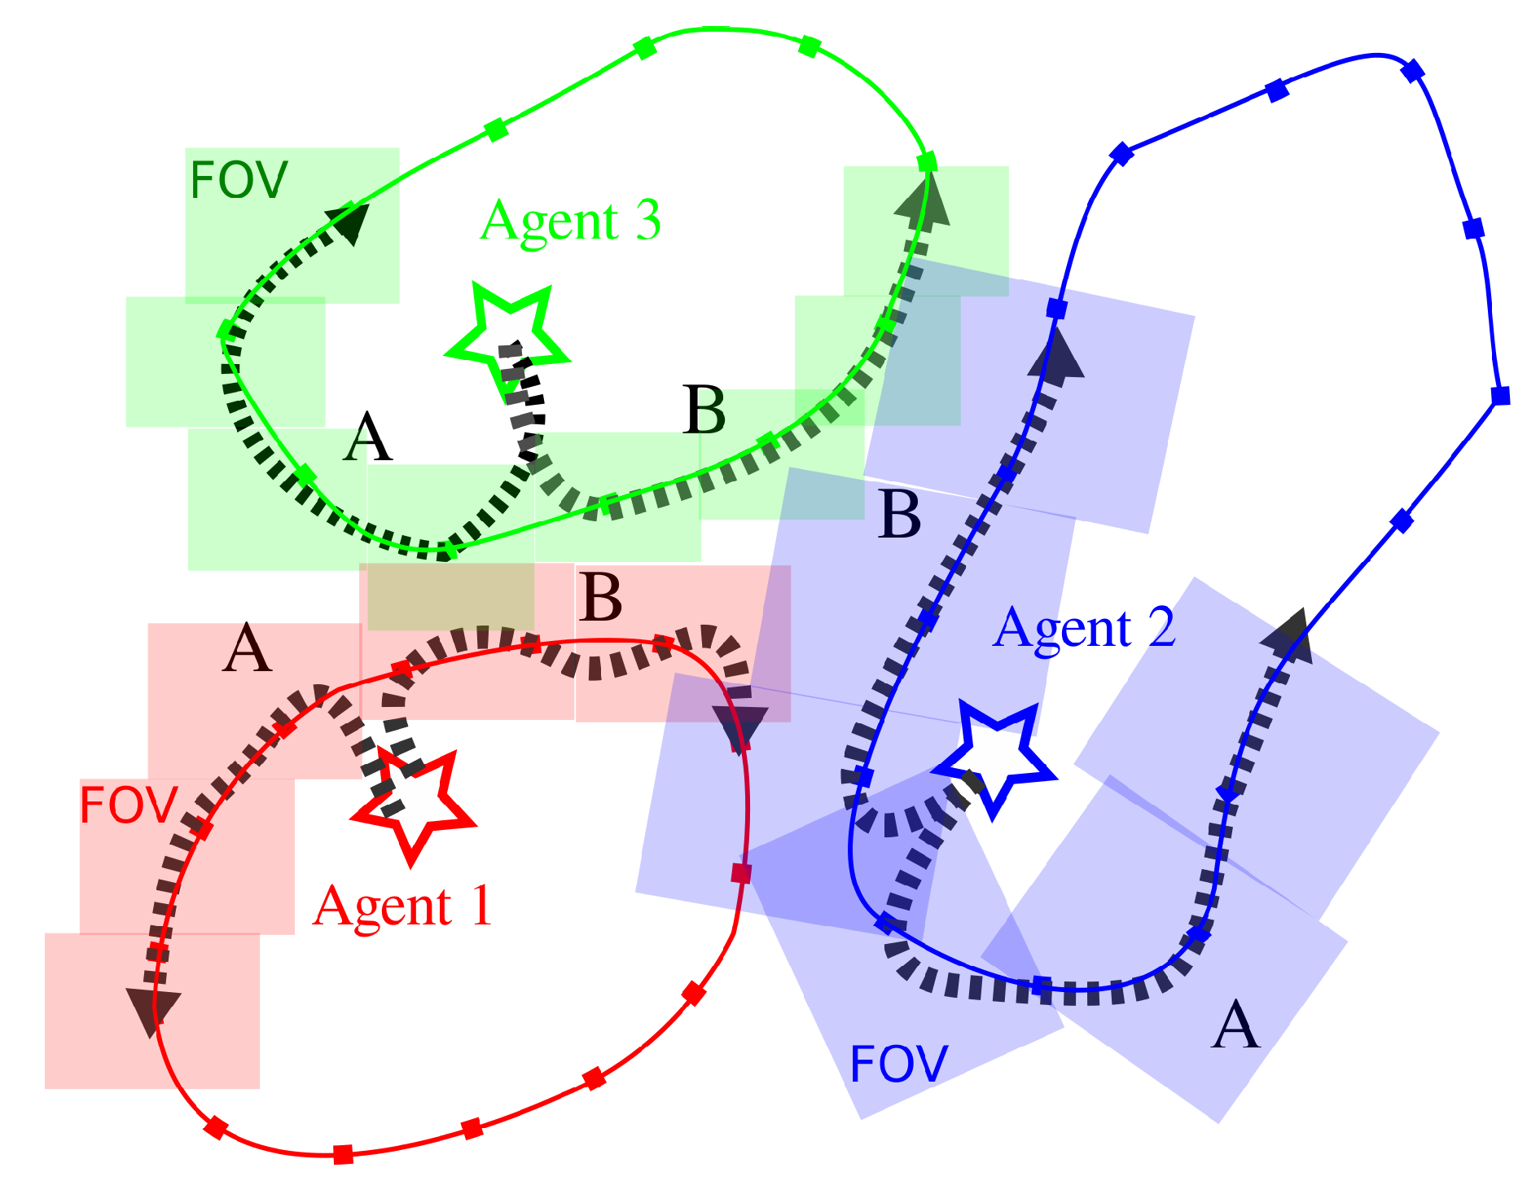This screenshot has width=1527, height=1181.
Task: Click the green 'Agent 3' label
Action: [x=570, y=221]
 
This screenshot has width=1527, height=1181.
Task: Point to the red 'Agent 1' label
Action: [x=403, y=906]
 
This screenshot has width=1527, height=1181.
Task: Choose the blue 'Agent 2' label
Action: [x=1084, y=628]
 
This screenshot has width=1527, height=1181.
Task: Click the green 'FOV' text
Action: [x=239, y=180]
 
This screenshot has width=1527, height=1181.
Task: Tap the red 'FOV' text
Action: [x=129, y=806]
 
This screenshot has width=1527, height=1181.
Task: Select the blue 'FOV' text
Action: [x=898, y=1064]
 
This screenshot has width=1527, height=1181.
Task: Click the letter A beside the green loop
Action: [x=367, y=437]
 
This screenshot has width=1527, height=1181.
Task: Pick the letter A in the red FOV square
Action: [x=247, y=649]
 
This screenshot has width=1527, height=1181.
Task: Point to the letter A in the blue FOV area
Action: [x=1235, y=1025]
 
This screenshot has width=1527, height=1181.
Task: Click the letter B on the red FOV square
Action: [x=600, y=598]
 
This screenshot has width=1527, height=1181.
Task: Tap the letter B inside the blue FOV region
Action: [x=900, y=515]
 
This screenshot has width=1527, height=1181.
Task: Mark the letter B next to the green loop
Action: [x=704, y=411]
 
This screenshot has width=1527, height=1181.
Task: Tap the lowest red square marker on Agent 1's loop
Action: [x=344, y=1153]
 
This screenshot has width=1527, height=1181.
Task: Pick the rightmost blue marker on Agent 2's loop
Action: [x=1500, y=396]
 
